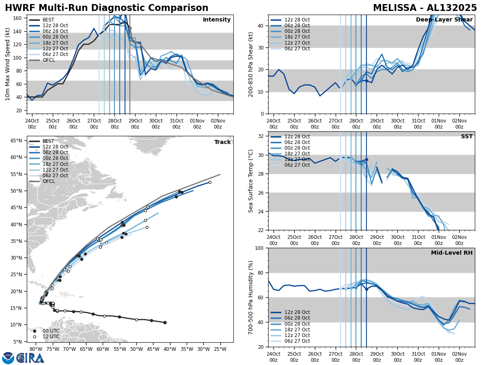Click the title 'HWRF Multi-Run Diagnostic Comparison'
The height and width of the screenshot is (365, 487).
point(106,8)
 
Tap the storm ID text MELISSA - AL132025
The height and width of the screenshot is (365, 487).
point(425,8)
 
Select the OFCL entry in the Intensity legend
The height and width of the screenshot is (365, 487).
point(48,60)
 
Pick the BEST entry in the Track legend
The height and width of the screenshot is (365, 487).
point(48,142)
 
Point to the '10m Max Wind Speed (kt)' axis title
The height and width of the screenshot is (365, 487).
point(8,64)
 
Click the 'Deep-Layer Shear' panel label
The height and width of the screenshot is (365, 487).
point(444,20)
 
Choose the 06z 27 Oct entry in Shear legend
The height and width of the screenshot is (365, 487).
point(297,49)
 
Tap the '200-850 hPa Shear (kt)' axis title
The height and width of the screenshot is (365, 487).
point(251,64)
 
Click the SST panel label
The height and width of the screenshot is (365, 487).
point(466,137)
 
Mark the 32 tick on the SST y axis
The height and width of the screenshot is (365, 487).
point(262,136)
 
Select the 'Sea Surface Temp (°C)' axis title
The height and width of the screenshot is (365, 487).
point(251,181)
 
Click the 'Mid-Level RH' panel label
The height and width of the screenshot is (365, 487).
point(451,253)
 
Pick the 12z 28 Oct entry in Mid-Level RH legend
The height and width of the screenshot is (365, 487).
point(297,312)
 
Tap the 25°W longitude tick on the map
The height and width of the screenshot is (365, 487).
point(220,348)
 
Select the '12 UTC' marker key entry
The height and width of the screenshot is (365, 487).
point(51,337)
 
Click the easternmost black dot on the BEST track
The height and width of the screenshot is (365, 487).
point(165,322)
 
